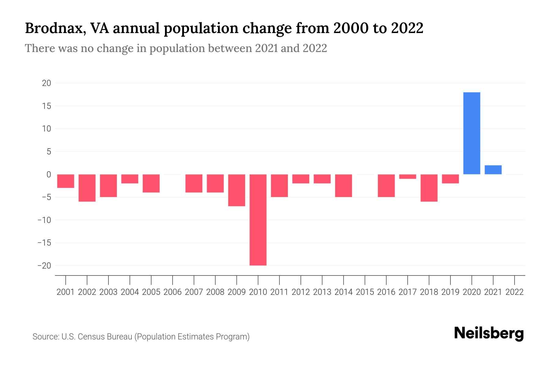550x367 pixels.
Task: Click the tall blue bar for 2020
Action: pos(472,133)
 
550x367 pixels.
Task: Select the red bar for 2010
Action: pos(258,220)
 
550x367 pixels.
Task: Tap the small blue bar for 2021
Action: pos(493,170)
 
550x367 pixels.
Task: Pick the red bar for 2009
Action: pos(237,190)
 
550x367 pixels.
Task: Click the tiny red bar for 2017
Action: pos(408,176)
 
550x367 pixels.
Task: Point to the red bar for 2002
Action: pos(87,188)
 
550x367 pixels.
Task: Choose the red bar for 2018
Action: pos(429,188)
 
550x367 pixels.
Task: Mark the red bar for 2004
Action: pos(130,179)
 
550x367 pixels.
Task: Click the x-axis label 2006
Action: pos(173,292)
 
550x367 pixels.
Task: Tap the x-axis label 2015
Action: pos(365,292)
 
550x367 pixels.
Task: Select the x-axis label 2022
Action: pos(515,292)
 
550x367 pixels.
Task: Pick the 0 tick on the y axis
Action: pos(49,175)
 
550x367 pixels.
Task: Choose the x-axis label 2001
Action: pos(66,292)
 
